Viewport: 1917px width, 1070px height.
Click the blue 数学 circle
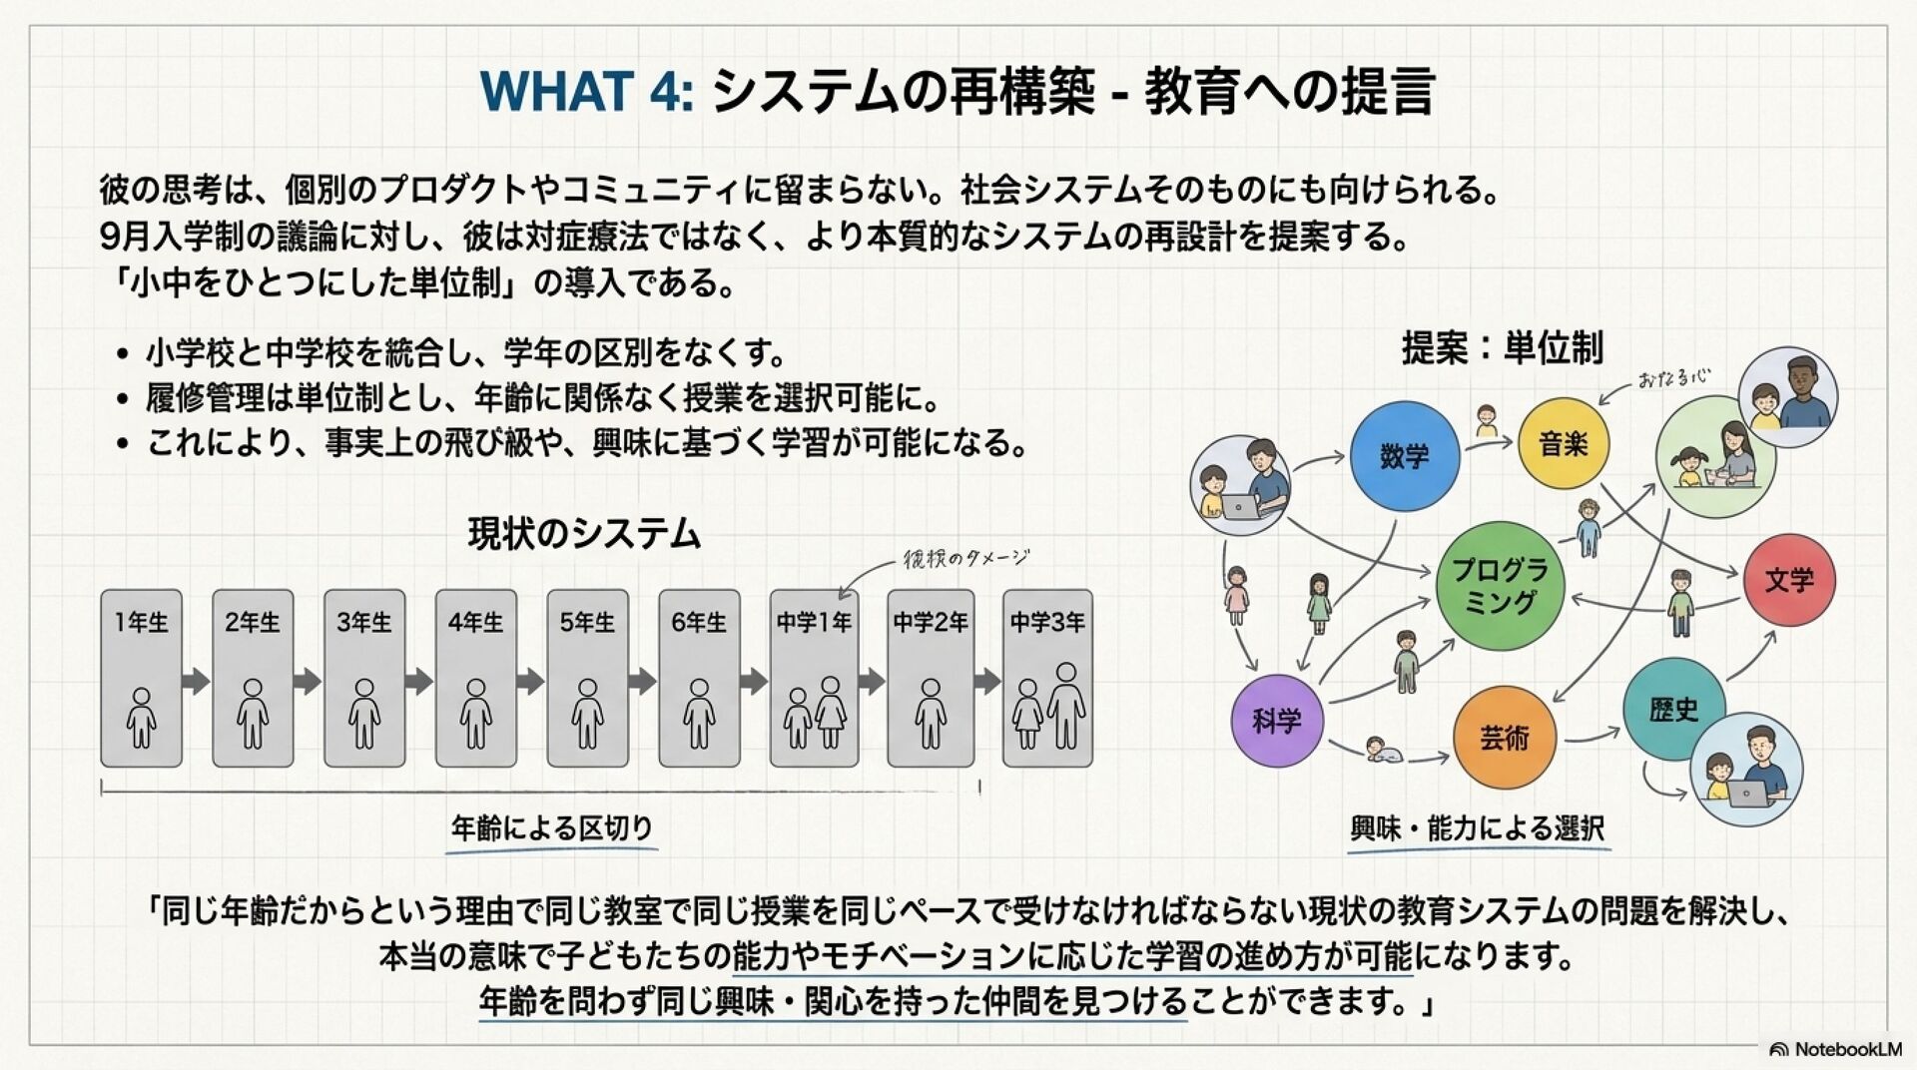click(x=1405, y=456)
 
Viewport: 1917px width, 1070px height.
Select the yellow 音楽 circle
click(x=1564, y=444)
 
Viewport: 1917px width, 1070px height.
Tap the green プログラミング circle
click(x=1500, y=586)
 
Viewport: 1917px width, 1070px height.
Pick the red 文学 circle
click(x=1789, y=580)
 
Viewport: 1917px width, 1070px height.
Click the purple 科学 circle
click(x=1277, y=720)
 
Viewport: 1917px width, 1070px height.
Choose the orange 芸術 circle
click(x=1504, y=738)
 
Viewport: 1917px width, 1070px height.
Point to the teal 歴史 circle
click(x=1673, y=710)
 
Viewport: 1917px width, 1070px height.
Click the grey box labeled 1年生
click(x=141, y=679)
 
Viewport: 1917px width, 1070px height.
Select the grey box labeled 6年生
click(x=699, y=679)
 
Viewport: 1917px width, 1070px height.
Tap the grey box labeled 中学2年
click(x=931, y=679)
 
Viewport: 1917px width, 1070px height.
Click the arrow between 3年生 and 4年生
click(x=419, y=682)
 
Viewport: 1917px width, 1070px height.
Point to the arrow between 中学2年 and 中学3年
click(x=987, y=682)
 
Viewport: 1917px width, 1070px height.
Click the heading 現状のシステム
click(x=584, y=534)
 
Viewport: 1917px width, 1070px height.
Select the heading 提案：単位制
click(x=1502, y=347)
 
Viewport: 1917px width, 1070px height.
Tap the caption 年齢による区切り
click(x=551, y=827)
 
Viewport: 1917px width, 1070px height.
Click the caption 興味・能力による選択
click(x=1477, y=828)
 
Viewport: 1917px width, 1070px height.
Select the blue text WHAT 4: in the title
click(x=586, y=91)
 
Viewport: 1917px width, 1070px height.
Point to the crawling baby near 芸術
click(x=1383, y=750)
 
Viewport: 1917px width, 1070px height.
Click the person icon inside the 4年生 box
click(x=476, y=714)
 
